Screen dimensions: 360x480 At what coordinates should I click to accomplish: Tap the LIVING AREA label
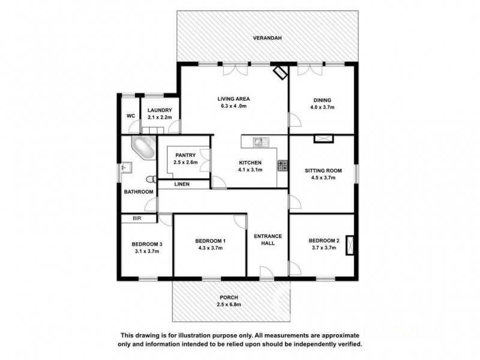coord(234,98)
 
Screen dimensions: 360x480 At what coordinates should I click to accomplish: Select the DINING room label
coord(322,100)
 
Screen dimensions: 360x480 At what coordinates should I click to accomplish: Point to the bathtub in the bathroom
coord(142,146)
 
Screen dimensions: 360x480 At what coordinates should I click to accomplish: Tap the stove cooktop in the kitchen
coord(281,164)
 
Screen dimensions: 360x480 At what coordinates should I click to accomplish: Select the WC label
coord(130,116)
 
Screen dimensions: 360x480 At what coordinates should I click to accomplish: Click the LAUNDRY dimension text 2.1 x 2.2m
coord(160,118)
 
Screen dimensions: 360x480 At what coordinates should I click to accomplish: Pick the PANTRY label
coord(185,155)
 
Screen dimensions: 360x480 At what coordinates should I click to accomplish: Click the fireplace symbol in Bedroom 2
coord(350,247)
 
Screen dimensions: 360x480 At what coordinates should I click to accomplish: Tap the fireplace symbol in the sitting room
coord(323,139)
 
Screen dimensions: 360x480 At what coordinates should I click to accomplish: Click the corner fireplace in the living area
coord(280,73)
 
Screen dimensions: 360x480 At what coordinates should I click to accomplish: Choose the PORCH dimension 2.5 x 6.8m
coord(230,305)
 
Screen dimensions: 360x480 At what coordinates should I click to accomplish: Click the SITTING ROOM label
coord(323,170)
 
